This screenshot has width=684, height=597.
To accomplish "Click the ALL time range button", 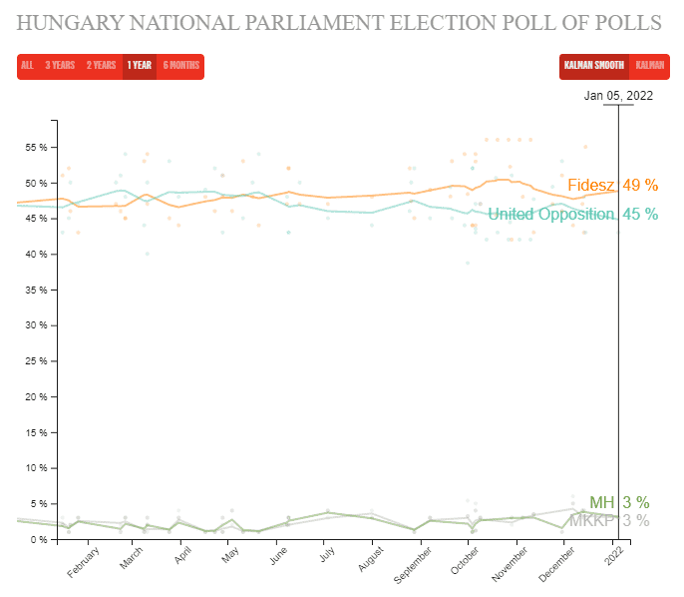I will (27, 66).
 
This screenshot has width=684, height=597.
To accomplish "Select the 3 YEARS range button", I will (60, 66).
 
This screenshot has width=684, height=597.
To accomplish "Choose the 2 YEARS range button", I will (101, 66).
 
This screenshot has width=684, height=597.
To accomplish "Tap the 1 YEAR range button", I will (139, 66).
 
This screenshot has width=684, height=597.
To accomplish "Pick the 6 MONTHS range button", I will (180, 66).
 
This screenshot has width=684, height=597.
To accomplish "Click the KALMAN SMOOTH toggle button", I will (594, 66).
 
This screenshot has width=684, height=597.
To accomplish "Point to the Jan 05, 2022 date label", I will (618, 96).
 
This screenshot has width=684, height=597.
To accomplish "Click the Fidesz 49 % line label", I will (612, 185).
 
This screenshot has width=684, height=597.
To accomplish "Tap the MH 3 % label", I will (619, 502).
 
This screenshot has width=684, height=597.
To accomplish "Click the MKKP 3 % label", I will (608, 520).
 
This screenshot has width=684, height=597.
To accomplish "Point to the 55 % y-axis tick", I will (36, 147).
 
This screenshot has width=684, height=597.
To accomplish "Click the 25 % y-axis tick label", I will (36, 361).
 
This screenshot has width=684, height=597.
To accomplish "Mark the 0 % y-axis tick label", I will (39, 539).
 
